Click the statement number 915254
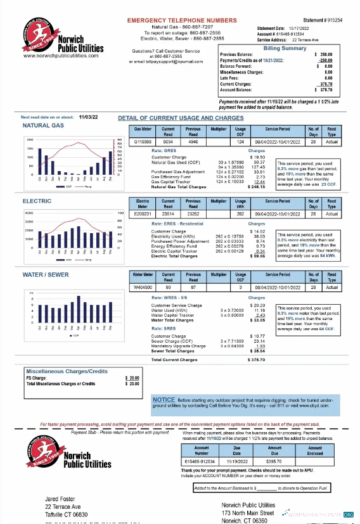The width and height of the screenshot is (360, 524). coord(342,20)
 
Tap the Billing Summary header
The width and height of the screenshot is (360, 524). coord(285,48)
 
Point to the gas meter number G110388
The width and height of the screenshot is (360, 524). coord(143,143)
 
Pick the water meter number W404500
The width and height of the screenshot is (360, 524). coord(143,286)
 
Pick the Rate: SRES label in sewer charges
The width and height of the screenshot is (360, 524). coord(164,329)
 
